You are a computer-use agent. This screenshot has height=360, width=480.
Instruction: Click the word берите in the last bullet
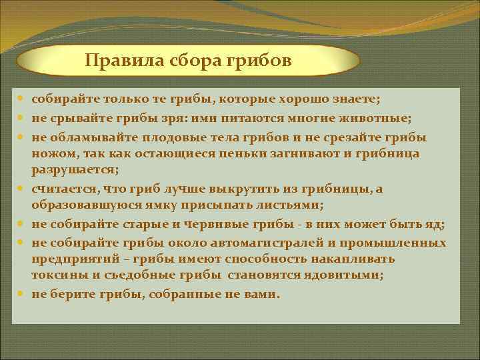pyautogui.click(x=74, y=294)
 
